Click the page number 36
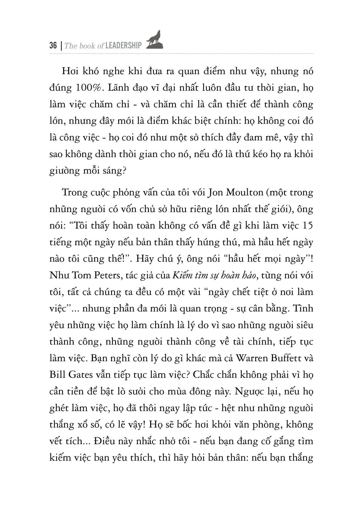53,46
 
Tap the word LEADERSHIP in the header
124,46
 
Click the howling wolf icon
154,40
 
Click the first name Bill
56,375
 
